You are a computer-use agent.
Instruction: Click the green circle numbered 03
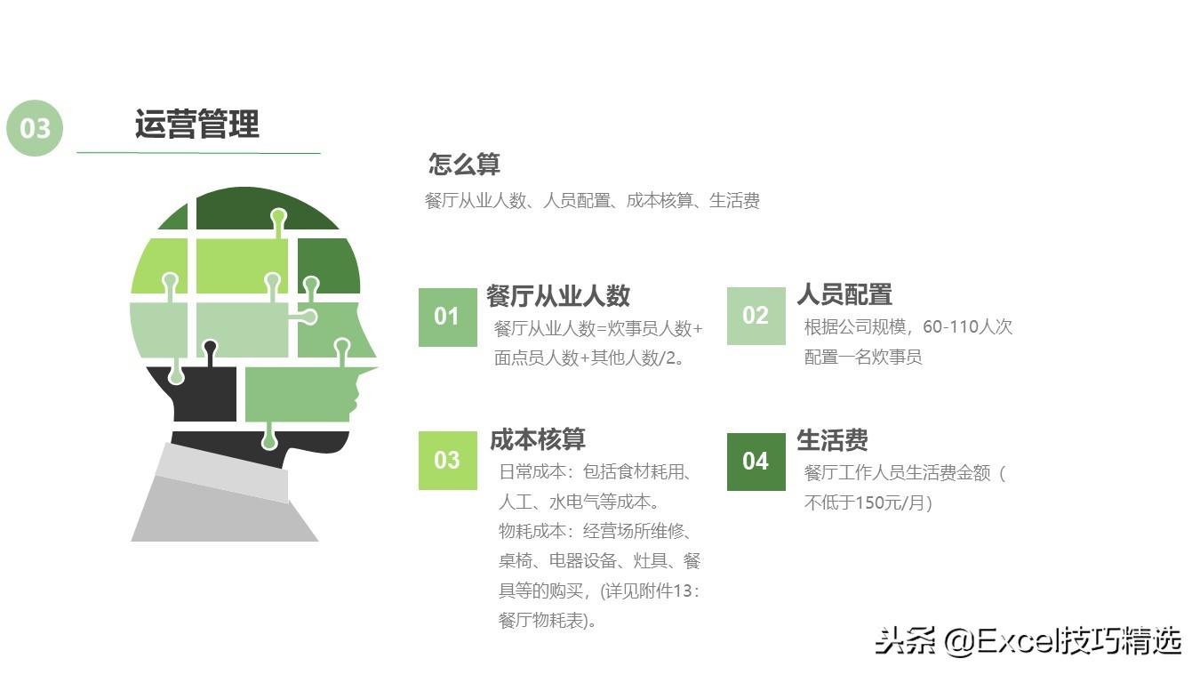(35, 128)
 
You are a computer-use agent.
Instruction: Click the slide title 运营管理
(196, 125)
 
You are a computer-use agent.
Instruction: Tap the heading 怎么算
(464, 165)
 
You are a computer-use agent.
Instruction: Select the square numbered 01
(447, 317)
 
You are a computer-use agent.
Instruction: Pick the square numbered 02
(756, 316)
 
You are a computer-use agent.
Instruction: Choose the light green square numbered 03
(447, 460)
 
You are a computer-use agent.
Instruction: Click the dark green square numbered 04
(756, 461)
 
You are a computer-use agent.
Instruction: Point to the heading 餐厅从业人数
(557, 295)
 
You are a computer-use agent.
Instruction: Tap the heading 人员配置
(844, 294)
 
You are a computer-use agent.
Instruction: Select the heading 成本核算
(537, 439)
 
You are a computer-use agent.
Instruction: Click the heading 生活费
(832, 440)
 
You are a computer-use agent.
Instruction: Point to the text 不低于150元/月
(868, 502)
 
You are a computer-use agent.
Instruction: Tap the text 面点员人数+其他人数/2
(588, 358)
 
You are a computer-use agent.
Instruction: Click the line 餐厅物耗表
(547, 621)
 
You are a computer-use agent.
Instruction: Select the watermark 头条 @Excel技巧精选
(1028, 640)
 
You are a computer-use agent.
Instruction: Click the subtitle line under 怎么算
(592, 201)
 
